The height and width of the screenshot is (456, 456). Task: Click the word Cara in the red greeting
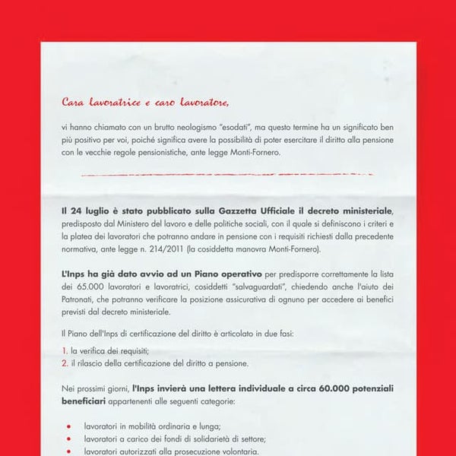[74, 101]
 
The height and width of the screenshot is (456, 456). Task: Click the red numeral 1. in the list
[65, 350]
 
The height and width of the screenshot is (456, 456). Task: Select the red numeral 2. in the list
[65, 363]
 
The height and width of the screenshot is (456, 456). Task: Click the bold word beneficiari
[84, 401]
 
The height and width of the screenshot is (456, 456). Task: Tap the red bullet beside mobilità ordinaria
[68, 427]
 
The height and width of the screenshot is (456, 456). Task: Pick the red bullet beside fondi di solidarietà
[68, 440]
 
